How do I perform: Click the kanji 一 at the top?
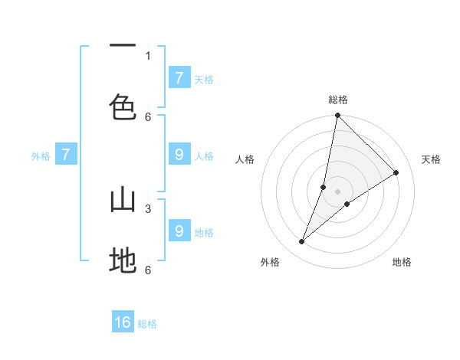[x=123, y=46]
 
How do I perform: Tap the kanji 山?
[x=123, y=200]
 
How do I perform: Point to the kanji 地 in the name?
[x=123, y=261]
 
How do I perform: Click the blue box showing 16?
[x=123, y=322]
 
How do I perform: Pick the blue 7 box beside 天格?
[x=179, y=77]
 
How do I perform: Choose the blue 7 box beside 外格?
[x=66, y=155]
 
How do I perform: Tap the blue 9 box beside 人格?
[x=179, y=155]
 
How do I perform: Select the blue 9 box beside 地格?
[x=179, y=231]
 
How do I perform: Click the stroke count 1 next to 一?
[x=148, y=55]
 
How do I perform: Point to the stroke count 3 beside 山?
[x=148, y=208]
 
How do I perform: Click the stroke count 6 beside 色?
[x=148, y=116]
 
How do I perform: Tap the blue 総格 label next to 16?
[x=147, y=324]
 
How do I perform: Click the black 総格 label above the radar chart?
[x=338, y=100]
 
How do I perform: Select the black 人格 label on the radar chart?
[x=245, y=159]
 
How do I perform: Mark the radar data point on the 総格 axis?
[x=337, y=115]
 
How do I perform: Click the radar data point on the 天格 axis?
[x=396, y=173]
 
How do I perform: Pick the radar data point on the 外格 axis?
[x=302, y=242]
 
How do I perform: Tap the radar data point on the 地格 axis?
[x=347, y=204]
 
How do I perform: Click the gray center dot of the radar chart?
[x=338, y=191]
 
